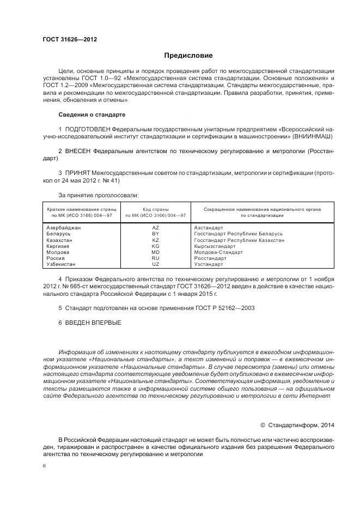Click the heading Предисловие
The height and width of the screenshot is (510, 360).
pyautogui.click(x=188, y=56)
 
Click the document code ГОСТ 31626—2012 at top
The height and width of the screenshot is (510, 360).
pyautogui.click(x=66, y=39)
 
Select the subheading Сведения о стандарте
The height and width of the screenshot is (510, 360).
pyautogui.click(x=91, y=115)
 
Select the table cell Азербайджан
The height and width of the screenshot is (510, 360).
pyautogui.click(x=64, y=227)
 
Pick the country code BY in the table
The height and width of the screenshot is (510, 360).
pyautogui.click(x=155, y=234)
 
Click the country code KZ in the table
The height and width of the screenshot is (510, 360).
pyautogui.click(x=155, y=240)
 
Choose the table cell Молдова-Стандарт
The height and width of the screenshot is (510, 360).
pyautogui.click(x=218, y=252)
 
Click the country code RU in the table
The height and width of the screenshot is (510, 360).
pyautogui.click(x=155, y=258)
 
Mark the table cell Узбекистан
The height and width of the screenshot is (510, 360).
pyautogui.click(x=62, y=264)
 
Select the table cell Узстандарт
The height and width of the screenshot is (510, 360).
pyautogui.click(x=209, y=264)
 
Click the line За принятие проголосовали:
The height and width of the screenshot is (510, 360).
pyautogui.click(x=98, y=195)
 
